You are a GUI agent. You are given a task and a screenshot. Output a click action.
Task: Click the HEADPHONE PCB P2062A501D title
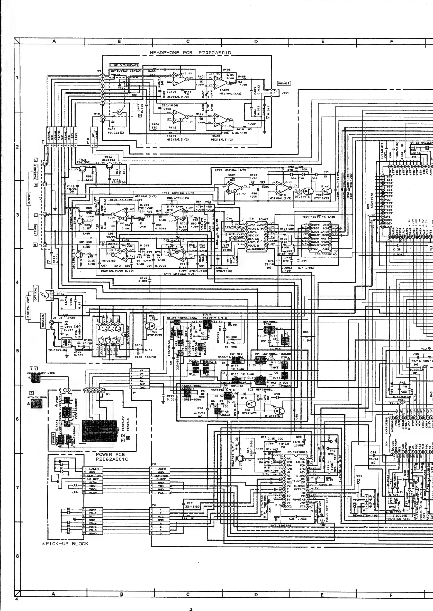point(190,53)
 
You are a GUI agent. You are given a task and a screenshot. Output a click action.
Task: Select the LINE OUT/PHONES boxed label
point(124,65)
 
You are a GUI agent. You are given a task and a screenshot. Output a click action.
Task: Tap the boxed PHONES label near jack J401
point(283,83)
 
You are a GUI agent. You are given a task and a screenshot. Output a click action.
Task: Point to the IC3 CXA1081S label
point(297,452)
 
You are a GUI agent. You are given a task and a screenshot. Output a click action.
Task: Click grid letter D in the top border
point(256,42)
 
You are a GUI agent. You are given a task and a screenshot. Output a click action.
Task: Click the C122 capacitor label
point(143,279)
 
